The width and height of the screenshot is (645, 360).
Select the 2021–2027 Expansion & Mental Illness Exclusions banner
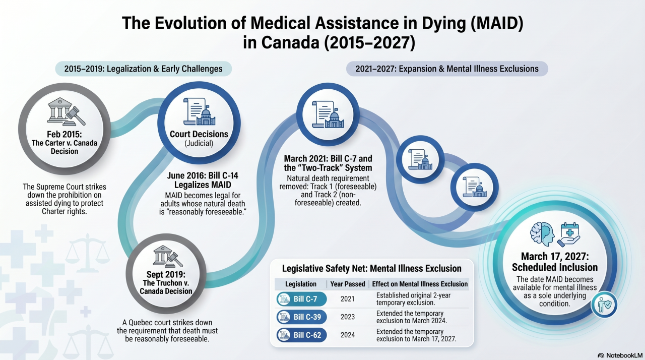click(x=446, y=69)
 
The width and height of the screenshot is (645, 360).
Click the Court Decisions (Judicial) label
click(x=199, y=138)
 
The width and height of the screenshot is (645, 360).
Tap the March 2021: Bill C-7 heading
click(x=328, y=163)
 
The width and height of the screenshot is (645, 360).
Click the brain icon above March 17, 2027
click(x=543, y=233)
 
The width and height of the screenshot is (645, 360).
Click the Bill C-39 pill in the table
click(x=301, y=317)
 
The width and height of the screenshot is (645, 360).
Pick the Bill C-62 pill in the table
click(x=301, y=335)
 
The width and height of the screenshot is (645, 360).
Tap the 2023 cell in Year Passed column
click(x=347, y=317)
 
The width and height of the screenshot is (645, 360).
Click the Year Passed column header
click(x=348, y=284)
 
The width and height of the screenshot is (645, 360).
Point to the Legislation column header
click(x=301, y=284)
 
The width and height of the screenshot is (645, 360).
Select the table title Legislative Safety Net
click(x=371, y=268)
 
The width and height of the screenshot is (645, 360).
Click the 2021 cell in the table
click(x=347, y=299)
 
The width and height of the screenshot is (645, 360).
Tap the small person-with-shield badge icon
click(x=604, y=304)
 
